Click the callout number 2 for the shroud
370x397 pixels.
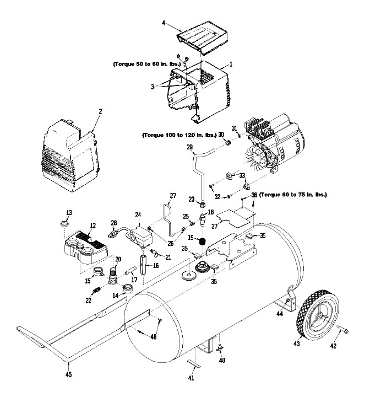(100, 111)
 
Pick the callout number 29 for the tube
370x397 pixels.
(190, 147)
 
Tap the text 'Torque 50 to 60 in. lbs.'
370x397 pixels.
(148, 64)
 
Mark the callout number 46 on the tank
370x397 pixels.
(154, 337)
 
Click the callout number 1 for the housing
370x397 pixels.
(231, 64)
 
